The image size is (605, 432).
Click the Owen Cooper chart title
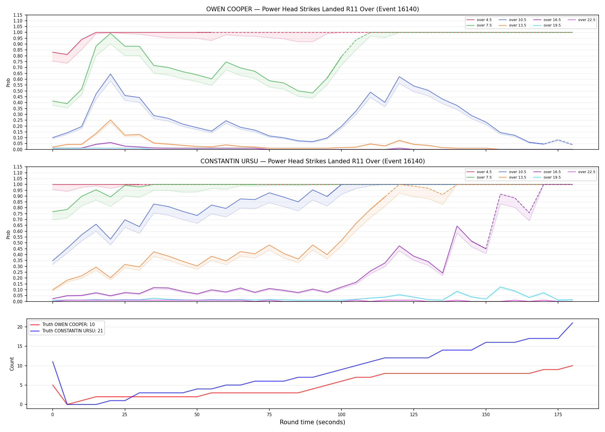(313, 9)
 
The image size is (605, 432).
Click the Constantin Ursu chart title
(313, 161)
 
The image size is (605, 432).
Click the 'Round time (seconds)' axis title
(312, 422)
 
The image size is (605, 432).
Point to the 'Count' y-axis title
(12, 364)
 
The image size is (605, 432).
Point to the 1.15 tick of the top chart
(18, 15)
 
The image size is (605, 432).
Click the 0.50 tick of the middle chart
(18, 243)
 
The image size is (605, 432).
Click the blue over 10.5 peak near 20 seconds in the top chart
(110, 74)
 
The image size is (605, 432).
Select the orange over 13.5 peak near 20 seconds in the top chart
(110, 120)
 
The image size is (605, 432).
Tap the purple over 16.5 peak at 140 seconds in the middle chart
(457, 226)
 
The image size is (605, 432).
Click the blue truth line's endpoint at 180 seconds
(572, 323)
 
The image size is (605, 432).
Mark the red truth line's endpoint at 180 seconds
(572, 366)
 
